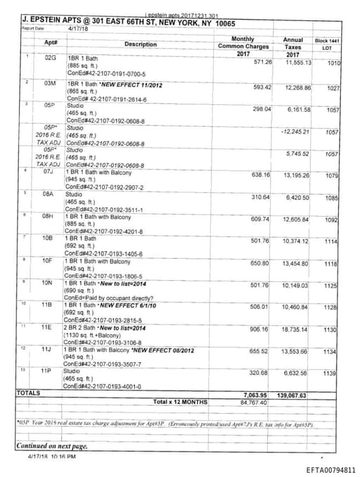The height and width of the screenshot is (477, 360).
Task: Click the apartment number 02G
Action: pyautogui.click(x=49, y=56)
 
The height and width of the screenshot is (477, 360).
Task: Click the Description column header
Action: pyautogui.click(x=141, y=44)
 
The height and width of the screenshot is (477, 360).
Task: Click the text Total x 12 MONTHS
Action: pyautogui.click(x=181, y=402)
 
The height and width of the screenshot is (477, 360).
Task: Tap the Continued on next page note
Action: pyautogui.click(x=52, y=446)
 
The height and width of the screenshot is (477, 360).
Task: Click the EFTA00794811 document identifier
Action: pyautogui.click(x=330, y=469)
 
